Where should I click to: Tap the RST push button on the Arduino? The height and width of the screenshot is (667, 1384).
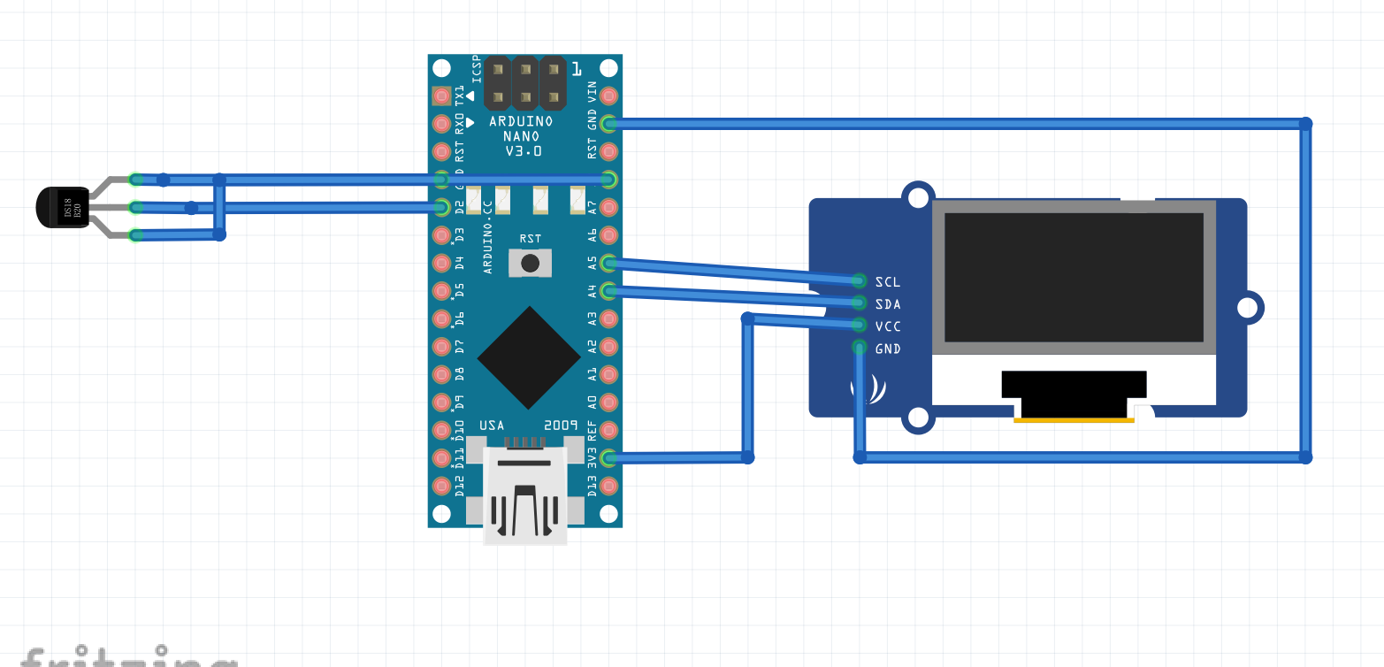click(x=531, y=263)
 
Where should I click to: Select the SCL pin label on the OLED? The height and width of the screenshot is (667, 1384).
click(x=887, y=282)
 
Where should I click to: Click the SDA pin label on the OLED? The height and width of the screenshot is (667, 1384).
click(x=887, y=304)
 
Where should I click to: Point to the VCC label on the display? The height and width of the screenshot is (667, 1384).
click(x=887, y=326)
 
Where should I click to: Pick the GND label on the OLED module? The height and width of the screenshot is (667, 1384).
click(x=887, y=349)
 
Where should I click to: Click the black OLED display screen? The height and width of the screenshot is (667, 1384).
click(x=1074, y=277)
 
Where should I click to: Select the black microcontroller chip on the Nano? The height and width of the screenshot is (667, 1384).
click(x=529, y=357)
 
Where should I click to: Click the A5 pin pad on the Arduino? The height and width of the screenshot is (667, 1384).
click(x=608, y=263)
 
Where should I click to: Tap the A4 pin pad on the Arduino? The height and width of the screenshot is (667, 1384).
click(x=608, y=291)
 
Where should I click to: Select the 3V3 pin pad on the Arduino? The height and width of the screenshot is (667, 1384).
click(x=608, y=457)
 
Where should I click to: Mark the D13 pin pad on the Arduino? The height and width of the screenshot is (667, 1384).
click(x=608, y=486)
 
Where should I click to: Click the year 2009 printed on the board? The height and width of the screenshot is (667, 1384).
click(x=561, y=425)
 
